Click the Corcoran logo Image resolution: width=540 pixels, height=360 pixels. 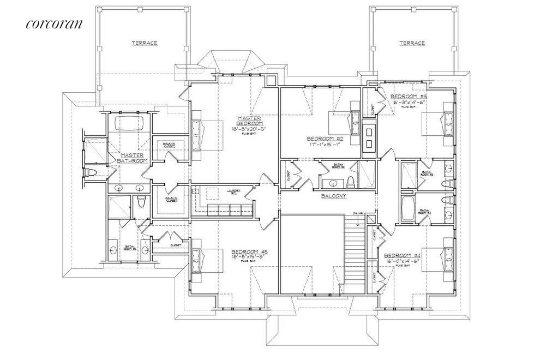53,23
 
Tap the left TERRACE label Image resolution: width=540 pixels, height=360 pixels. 145,43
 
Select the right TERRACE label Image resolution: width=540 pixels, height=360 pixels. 412,43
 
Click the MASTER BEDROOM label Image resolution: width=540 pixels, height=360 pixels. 250,121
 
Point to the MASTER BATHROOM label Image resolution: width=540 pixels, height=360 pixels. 134,158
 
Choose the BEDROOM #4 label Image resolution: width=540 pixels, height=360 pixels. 402,255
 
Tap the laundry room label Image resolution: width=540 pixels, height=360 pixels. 234,190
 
